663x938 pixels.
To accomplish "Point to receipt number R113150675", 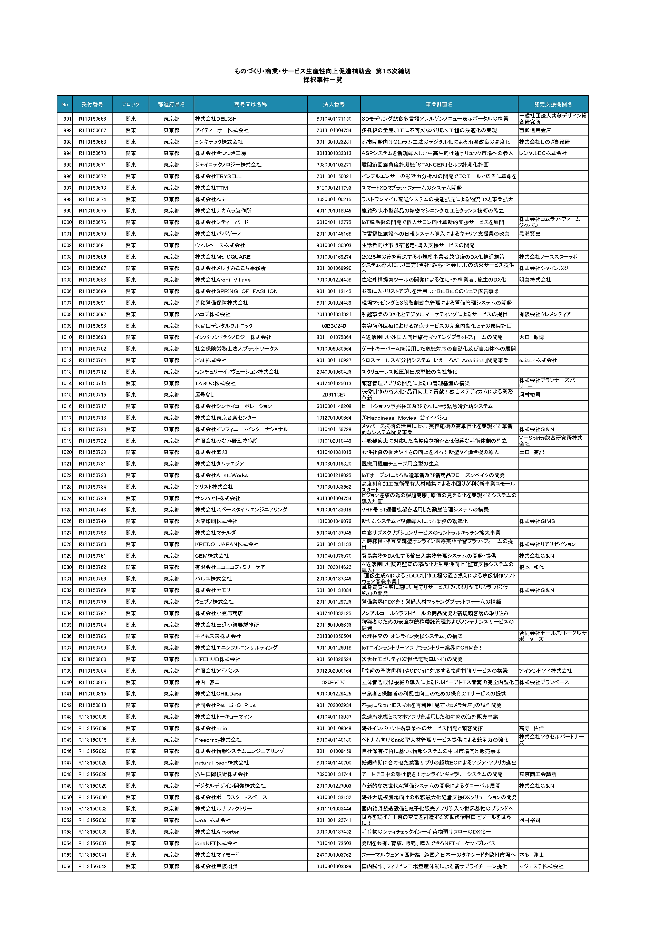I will point(92,211).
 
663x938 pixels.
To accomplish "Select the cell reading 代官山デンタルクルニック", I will point(224,326).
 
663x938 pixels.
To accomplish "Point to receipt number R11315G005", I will point(92,717).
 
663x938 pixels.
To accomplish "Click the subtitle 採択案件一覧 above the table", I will point(323,80).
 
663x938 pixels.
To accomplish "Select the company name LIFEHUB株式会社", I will point(218,659).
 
